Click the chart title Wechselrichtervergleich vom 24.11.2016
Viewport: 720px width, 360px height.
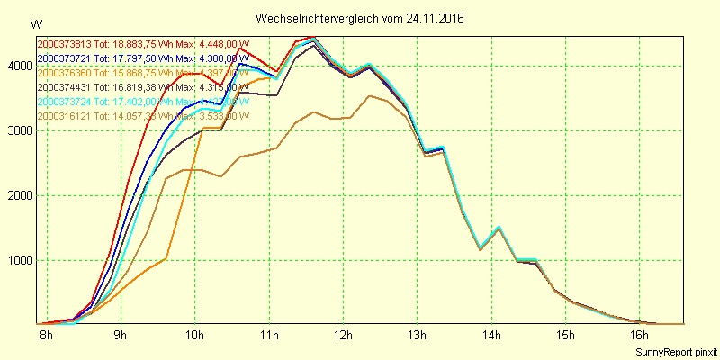360,18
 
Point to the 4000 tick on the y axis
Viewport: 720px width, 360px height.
19,66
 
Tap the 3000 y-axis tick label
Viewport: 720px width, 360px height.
19,130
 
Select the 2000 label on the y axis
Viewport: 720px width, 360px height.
19,195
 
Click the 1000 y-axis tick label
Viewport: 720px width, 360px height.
19,260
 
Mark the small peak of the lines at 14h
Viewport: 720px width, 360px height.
498,228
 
